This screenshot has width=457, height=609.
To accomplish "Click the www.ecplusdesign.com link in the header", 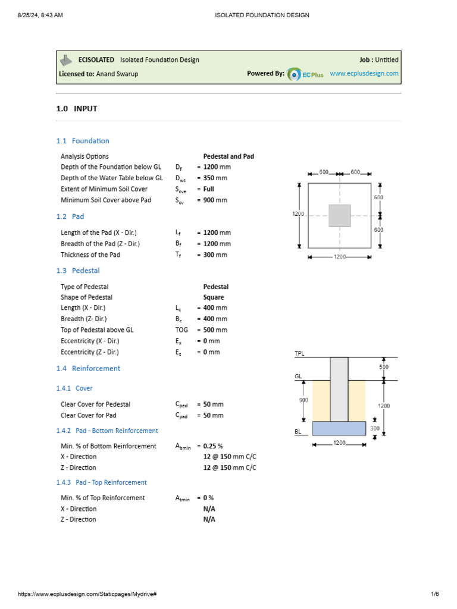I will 364,74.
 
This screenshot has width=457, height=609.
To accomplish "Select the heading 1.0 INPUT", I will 77,109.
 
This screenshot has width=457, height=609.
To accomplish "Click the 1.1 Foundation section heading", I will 83,141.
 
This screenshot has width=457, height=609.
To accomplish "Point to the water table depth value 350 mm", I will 215,178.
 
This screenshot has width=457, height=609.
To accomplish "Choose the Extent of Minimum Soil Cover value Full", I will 209,189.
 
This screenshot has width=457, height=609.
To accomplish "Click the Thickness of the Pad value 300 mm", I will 215,255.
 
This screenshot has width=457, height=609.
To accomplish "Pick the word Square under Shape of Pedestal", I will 214,297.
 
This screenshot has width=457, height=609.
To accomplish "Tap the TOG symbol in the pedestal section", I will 181,330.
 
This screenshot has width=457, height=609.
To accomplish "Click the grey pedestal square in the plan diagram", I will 339,215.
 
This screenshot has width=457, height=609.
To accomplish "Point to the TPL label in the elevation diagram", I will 300,354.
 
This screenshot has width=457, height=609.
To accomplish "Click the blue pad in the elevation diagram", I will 339,428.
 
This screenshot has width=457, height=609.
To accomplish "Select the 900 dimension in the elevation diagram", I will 303,400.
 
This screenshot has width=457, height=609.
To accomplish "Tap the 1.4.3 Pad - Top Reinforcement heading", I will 102,482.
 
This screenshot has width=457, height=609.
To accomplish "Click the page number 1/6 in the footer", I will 434,594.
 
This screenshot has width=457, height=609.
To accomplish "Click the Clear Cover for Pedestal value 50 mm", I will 213,404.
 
